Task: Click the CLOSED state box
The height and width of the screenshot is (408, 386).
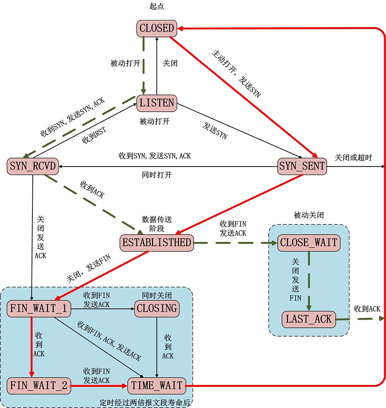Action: pyautogui.click(x=157, y=29)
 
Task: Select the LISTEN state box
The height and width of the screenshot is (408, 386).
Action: pyautogui.click(x=157, y=103)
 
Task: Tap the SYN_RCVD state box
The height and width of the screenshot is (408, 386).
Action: pyautogui.click(x=33, y=166)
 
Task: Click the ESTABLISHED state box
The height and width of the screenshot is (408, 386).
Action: pyautogui.click(x=157, y=243)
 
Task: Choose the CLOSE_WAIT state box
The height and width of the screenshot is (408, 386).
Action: pyautogui.click(x=309, y=243)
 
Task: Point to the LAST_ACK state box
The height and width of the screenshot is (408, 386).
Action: pyautogui.click(x=308, y=319)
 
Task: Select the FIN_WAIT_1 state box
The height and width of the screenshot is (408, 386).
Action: pyautogui.click(x=39, y=309)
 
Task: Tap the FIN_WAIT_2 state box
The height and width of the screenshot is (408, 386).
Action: pyautogui.click(x=39, y=385)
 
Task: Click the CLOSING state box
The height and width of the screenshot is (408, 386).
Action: pyautogui.click(x=157, y=309)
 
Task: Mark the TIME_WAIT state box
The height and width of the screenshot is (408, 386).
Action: pyautogui.click(x=157, y=385)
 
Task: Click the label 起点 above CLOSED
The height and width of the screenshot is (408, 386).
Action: pyautogui.click(x=157, y=7)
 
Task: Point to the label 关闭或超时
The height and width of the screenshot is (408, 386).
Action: pyautogui.click(x=353, y=157)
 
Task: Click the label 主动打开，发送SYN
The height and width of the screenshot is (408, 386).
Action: pyautogui.click(x=236, y=73)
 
